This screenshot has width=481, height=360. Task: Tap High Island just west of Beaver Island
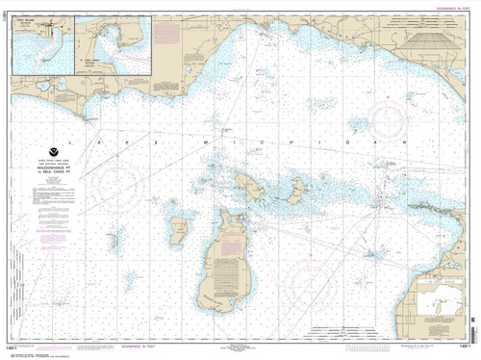click(178, 229)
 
